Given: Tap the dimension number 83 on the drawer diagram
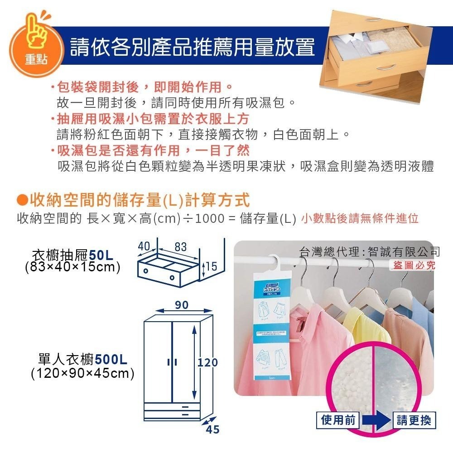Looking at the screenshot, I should pos(180,247).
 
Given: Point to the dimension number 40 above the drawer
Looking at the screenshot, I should pos(144,246).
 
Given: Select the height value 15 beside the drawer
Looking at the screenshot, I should pos(211,267).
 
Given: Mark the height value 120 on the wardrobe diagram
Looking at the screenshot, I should pos(208,362).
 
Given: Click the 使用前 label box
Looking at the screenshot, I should pos(338,420).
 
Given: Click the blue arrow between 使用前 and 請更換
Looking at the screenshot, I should pos(376,420).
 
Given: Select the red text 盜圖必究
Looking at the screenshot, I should pos(414,265).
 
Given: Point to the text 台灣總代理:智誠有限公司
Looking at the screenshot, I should pos(369,251).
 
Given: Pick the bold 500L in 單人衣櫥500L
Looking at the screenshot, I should pos(111,360).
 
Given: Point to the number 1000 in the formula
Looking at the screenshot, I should pos(208,219).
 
